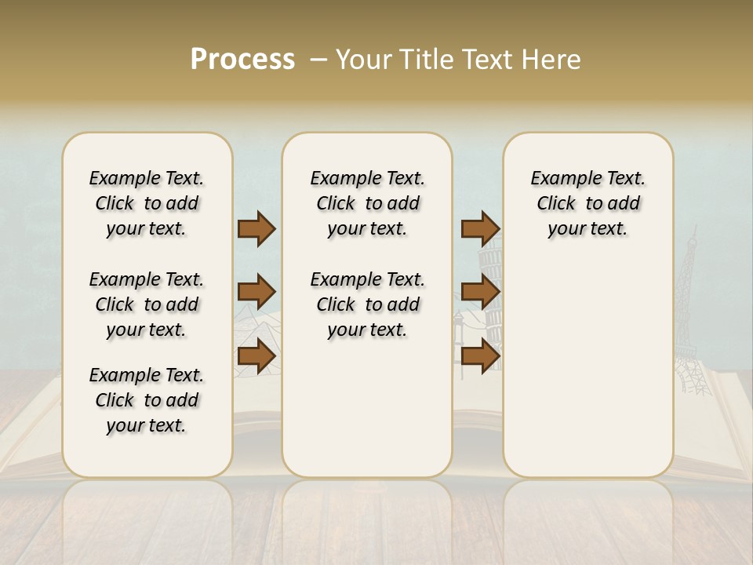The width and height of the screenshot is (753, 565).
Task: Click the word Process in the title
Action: pos(242,60)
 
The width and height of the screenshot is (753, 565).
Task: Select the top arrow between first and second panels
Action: pos(256,228)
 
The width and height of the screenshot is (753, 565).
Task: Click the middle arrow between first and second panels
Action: pos(256,292)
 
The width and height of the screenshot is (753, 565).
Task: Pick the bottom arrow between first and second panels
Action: pos(256,355)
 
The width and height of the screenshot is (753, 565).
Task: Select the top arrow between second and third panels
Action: pos(480,228)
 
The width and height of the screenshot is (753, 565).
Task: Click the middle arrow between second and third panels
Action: pos(480,292)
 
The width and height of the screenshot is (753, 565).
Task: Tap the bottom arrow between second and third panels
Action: pos(480,355)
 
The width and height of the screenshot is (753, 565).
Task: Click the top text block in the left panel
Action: pos(147,203)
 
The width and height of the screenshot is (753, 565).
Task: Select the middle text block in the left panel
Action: pos(147,304)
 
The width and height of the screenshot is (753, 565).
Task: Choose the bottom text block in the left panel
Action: pos(147,400)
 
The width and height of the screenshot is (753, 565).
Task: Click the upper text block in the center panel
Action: pos(367,203)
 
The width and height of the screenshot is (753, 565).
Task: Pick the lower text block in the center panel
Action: pos(367,304)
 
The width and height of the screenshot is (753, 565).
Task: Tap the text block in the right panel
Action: pos(587,203)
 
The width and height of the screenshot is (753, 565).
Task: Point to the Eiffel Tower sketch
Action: pos(689,314)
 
